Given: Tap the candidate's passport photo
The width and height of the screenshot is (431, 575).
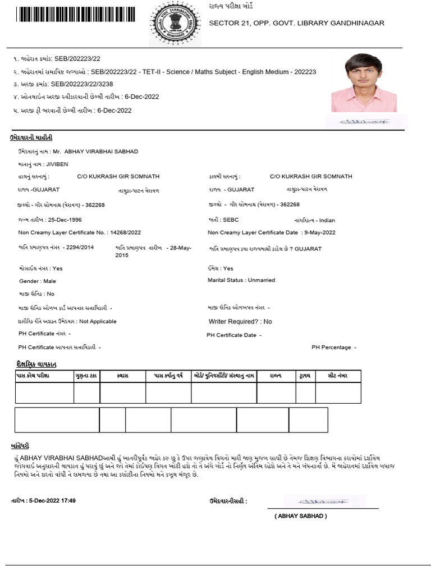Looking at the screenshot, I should pos(363,83).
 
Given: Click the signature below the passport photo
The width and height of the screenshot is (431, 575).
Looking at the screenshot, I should pos(366,120).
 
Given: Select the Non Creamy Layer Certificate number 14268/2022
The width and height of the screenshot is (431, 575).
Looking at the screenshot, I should pos(126,232).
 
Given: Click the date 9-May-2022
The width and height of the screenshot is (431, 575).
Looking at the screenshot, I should pos(319,232).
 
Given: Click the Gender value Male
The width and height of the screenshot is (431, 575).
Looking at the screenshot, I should pos(50,281).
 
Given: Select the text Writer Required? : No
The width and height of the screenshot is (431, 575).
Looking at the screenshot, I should pos(240,322).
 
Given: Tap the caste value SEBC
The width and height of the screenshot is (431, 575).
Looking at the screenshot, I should pos(231,220).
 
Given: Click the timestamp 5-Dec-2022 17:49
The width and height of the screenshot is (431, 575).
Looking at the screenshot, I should pos(52,500).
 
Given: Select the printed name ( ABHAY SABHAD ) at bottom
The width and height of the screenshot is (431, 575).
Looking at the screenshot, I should pos(300,516).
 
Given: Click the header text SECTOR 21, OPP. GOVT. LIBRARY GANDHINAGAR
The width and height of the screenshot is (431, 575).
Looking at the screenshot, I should pos(296,23).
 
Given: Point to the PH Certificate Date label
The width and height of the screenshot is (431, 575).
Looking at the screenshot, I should pos(232,335).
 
